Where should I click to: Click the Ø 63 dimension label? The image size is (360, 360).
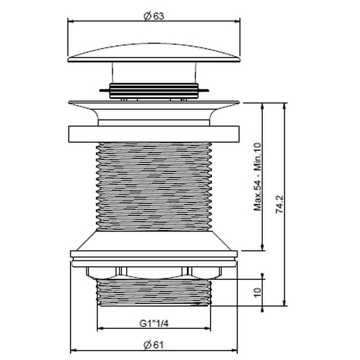click(154, 16)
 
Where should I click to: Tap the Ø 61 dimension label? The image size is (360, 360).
click(153, 345)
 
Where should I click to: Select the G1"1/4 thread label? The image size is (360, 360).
click(154, 324)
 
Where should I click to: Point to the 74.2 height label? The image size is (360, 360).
click(279, 204)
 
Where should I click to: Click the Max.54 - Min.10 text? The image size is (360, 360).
click(258, 177)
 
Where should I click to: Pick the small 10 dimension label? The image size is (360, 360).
click(257, 292)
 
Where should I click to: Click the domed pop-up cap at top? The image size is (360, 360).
click(154, 53)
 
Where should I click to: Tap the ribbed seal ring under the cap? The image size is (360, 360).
click(154, 91)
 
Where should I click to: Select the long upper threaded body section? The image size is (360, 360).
click(154, 186)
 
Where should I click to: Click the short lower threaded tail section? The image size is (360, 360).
click(154, 292)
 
